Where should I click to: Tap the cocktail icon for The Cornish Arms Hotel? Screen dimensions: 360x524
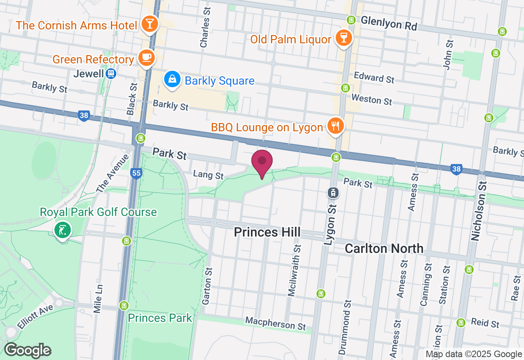click(150, 25)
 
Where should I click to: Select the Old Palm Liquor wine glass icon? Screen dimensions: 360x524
click(343, 38)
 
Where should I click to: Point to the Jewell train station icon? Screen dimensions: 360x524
click(111, 74)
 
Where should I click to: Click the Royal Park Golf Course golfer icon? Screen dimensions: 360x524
click(63, 230)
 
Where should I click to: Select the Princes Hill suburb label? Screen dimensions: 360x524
click(267, 232)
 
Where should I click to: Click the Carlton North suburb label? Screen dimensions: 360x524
click(384, 248)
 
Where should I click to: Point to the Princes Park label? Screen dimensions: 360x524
click(160, 318)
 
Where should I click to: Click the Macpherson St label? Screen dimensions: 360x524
click(276, 323)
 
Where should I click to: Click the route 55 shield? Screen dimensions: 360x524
click(136, 173)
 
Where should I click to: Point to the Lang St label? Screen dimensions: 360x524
click(209, 175)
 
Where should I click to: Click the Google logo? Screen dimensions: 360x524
click(27, 350)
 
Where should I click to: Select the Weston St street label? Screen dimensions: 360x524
click(372, 99)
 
